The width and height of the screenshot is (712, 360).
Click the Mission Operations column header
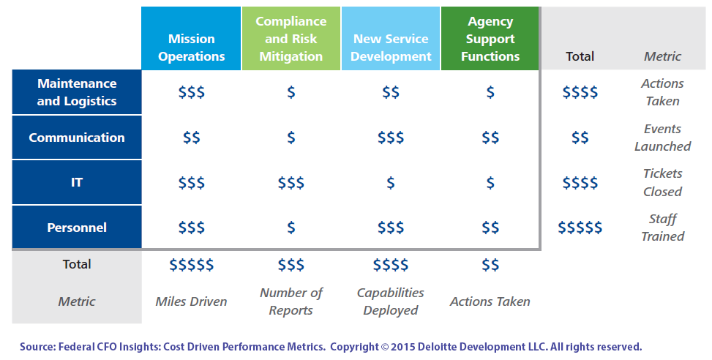(191, 47)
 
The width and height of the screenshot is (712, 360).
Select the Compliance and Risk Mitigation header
(291, 39)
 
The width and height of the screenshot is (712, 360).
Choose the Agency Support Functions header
(490, 39)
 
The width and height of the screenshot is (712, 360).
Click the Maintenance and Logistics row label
(77, 92)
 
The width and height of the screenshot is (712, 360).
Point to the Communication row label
(77, 138)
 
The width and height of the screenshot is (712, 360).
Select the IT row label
(77, 183)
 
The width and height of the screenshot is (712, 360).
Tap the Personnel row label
(77, 228)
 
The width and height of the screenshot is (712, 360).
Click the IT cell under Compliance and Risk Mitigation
(291, 183)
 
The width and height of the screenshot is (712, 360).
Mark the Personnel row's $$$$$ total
(580, 228)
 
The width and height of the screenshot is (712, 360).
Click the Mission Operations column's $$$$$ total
(191, 264)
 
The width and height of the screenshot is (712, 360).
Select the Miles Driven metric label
(191, 301)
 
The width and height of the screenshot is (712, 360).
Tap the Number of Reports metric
(291, 301)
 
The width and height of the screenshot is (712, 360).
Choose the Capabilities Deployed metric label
(390, 301)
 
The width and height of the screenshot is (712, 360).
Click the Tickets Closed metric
(662, 183)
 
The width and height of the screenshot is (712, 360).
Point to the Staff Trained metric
(662, 228)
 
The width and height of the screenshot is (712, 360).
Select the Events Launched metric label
(662, 138)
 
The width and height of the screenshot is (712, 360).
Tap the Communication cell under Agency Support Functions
(490, 138)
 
